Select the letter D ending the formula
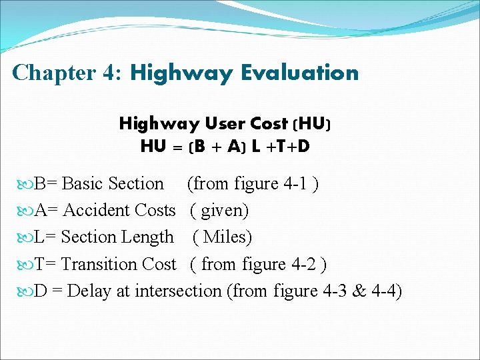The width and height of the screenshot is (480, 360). point(303,146)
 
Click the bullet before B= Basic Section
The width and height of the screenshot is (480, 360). point(27,184)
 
